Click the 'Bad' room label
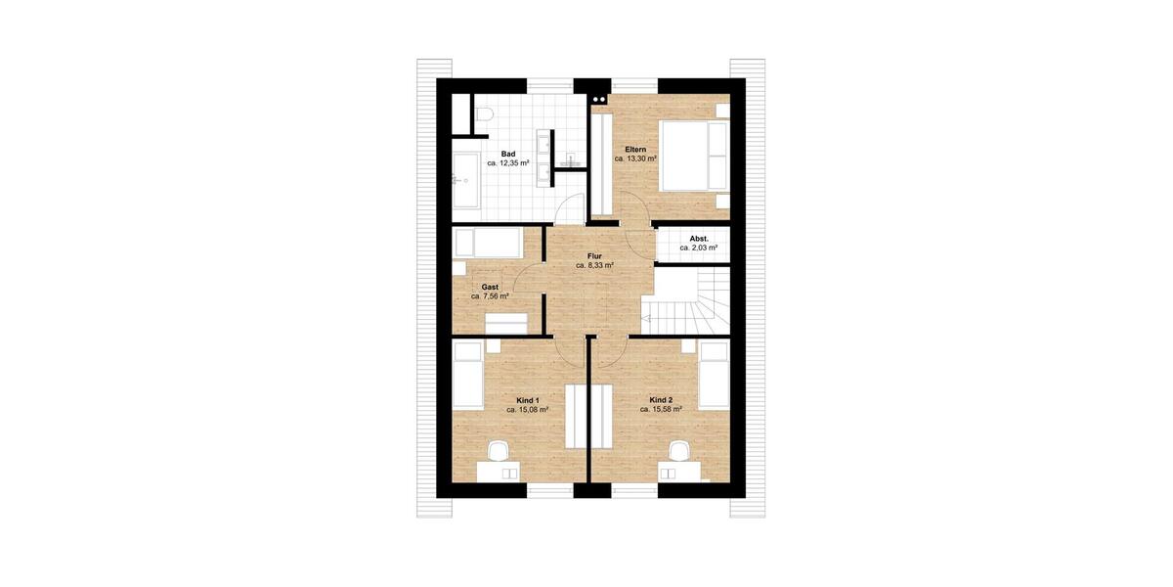508,155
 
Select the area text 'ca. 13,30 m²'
635,158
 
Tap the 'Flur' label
594,254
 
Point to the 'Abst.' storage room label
699,238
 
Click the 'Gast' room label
490,287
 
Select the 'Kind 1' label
527,399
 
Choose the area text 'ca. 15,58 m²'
661,410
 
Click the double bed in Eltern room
695,156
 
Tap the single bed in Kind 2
716,376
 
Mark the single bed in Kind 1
468,376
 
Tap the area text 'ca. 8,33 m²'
594,265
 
